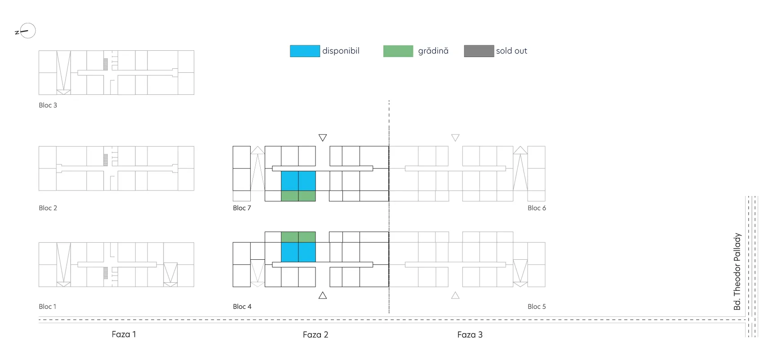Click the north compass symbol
tap(26, 31)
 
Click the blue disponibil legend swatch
tap(305, 51)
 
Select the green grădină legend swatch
tap(398, 51)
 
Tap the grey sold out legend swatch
tap(479, 51)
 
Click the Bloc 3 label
tap(48, 105)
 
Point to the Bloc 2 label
tap(48, 208)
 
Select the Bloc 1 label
tap(48, 307)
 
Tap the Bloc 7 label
tap(242, 208)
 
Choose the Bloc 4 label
tap(242, 307)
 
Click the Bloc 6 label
tap(537, 208)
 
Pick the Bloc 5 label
tap(537, 307)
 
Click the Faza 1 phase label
tap(124, 334)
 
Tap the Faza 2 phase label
tap(315, 335)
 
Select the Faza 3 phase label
tap(470, 335)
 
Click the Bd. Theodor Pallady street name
tap(737, 271)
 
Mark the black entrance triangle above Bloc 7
tap(323, 138)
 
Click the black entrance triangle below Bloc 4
tap(323, 295)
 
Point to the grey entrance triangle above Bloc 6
tap(455, 138)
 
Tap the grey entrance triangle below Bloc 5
tap(455, 295)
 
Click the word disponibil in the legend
tap(341, 51)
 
